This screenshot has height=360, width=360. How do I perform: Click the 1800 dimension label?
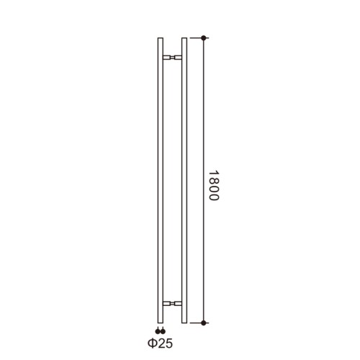[214, 186]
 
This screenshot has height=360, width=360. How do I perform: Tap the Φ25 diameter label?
[160, 343]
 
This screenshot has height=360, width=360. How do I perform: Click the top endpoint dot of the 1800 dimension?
[204, 37]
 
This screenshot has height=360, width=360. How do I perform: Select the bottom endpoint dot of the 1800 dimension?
[204, 323]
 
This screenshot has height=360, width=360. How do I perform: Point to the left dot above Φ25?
[158, 332]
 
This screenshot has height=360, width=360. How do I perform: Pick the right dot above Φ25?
[163, 332]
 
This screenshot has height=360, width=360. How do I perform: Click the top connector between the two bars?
[172, 57]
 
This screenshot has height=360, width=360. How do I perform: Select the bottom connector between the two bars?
[172, 304]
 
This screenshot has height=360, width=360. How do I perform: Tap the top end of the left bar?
[161, 38]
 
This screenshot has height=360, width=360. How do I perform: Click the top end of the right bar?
[184, 38]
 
